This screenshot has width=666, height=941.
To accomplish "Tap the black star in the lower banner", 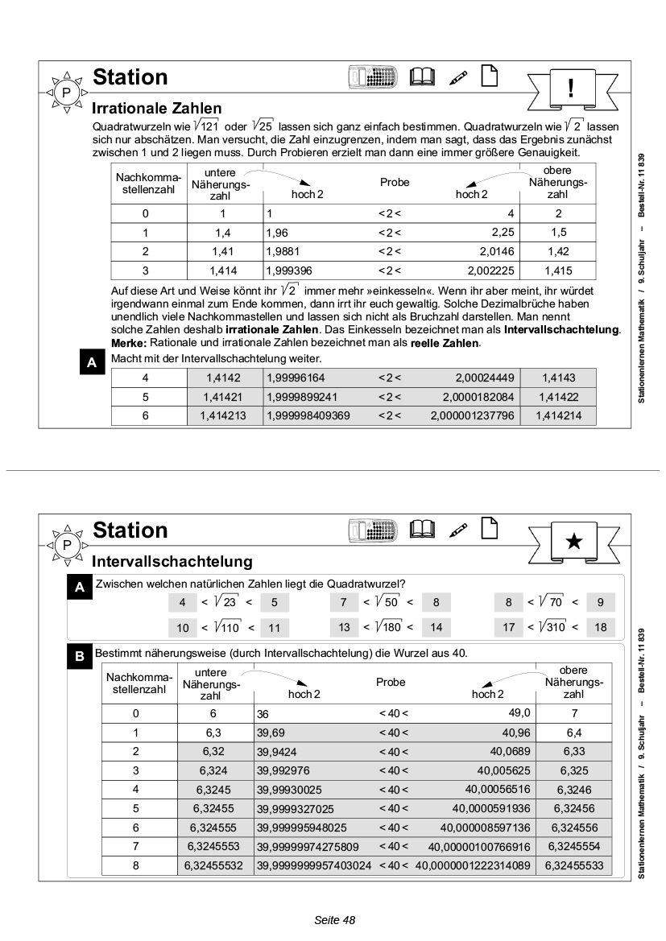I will coord(573,540).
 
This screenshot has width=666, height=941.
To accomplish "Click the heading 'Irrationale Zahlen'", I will coord(156,108).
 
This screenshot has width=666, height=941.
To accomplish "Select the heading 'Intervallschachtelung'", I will coord(172,560).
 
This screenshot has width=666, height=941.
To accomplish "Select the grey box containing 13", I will coord(344,627).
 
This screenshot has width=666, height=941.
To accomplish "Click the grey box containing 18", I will coord(600,627).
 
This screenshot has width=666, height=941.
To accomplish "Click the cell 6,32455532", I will coord(215,865).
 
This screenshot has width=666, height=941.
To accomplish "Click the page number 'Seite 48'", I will coord(333,919).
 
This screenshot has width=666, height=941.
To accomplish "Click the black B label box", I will coord(79,657).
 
